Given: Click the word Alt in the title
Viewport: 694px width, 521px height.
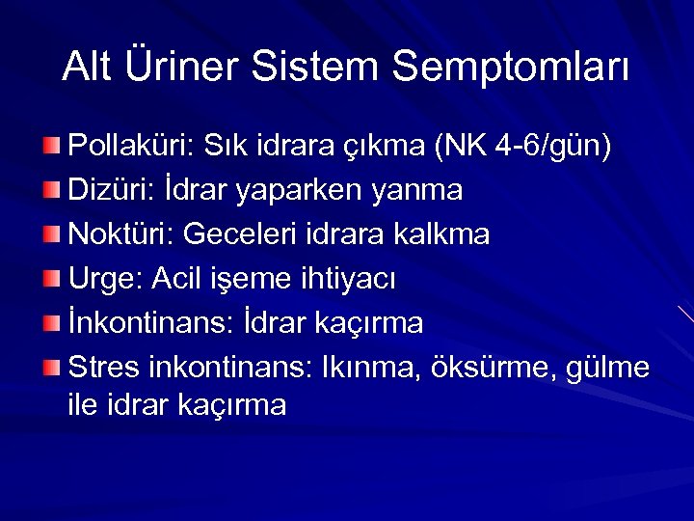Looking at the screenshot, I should pos(87,67).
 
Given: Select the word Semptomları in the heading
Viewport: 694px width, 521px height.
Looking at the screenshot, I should pos(511,67).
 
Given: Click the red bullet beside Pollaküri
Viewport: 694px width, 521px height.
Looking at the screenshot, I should pos(51,146).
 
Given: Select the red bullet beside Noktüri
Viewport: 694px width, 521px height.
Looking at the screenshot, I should pos(51,233).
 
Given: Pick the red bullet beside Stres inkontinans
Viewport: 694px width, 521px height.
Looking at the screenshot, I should pos(51,367).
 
